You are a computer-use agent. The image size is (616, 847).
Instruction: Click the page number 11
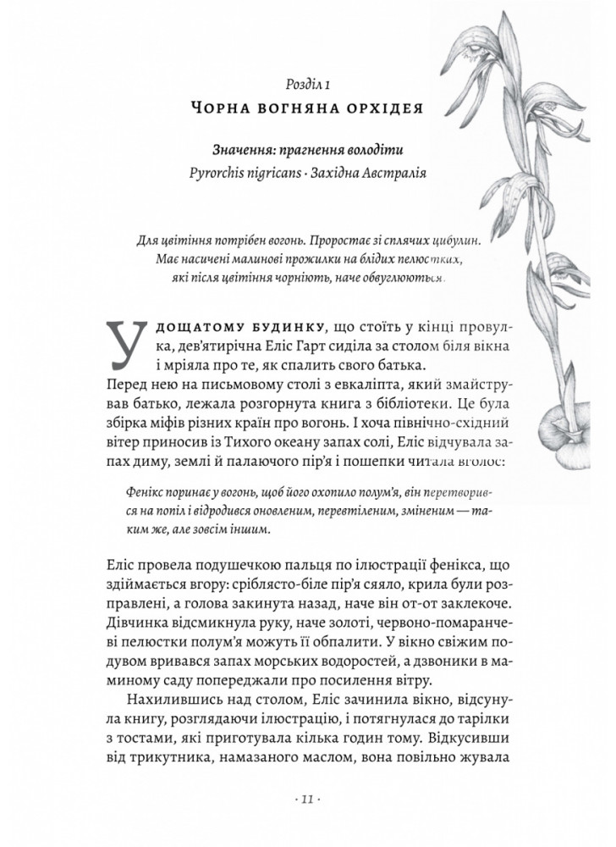click(x=307, y=799)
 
